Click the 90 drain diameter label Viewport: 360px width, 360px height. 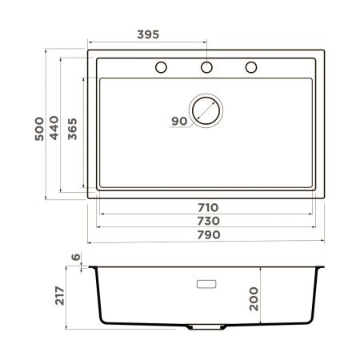click(178, 121)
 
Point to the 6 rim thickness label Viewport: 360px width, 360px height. click(75, 257)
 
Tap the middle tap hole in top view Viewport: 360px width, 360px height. click(206, 66)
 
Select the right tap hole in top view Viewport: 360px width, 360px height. click(251, 66)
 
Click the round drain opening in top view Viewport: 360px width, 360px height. click(206, 110)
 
